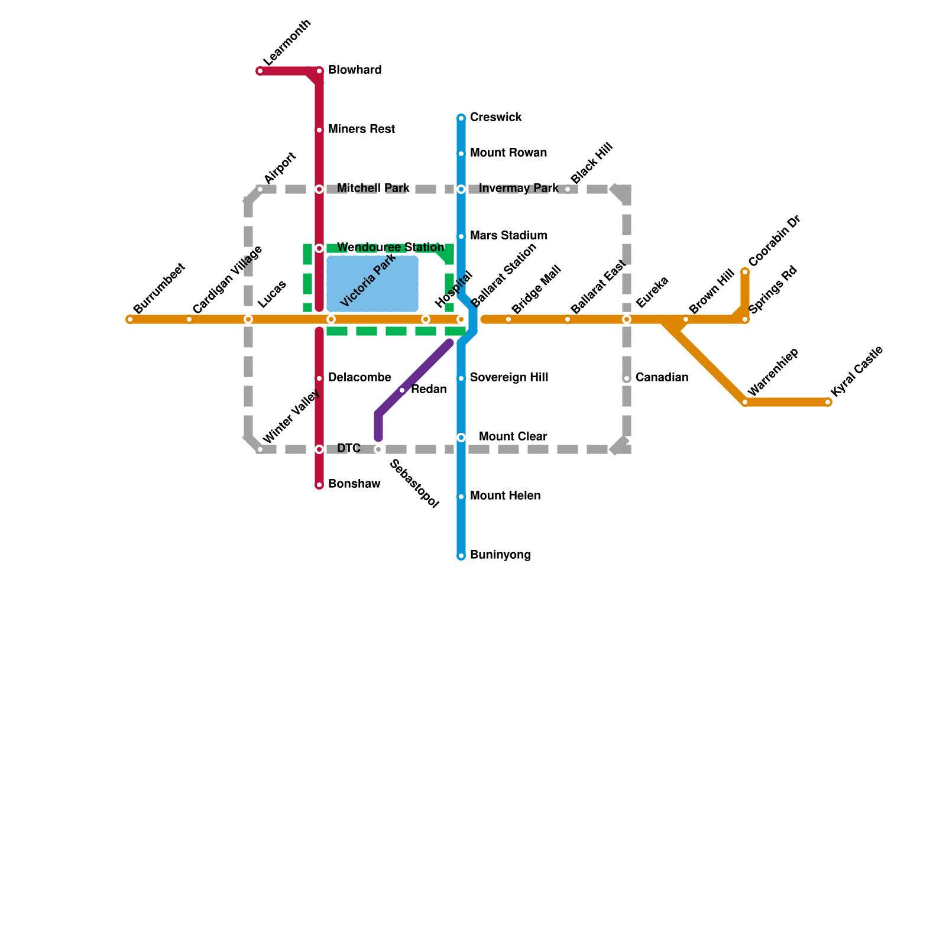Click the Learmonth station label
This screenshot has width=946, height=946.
coord(287,43)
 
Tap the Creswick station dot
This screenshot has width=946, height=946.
coord(461,118)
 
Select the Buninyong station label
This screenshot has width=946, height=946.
coord(500,555)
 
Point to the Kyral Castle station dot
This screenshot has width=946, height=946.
coord(828,402)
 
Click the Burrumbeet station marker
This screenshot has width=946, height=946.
coord(130,319)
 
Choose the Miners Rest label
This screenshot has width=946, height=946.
coord(361,129)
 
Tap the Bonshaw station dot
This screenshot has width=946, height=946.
coord(319,485)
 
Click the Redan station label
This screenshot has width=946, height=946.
coord(429,390)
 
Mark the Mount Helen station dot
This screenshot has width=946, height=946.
coord(461,497)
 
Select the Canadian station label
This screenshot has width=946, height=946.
coord(662,378)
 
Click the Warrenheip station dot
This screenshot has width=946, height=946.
coord(745,402)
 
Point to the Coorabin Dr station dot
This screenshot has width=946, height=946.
coord(745,272)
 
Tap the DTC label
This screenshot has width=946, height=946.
coord(349,449)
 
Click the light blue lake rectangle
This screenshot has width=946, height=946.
coord(372,284)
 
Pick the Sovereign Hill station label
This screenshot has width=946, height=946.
coord(509,378)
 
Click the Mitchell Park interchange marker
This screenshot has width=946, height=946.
coord(319,189)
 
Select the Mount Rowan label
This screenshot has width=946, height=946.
coord(508,153)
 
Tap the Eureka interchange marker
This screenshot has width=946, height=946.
coord(627,319)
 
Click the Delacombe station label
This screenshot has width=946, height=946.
coord(359,378)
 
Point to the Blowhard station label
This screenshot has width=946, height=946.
coord(355,70)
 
